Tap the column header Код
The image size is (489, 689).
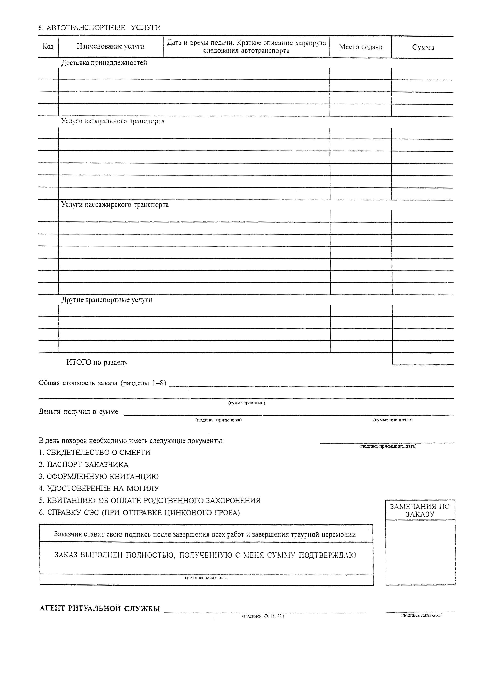[x=48, y=47]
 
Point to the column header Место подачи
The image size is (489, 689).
[x=360, y=47]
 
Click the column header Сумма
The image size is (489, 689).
[x=423, y=47]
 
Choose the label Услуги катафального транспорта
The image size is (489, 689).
[x=113, y=122]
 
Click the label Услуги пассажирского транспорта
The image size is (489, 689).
[x=115, y=205]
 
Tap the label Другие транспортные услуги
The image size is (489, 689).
[x=107, y=300]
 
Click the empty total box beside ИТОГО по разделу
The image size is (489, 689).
[x=423, y=359]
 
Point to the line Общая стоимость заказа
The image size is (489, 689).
[x=102, y=383]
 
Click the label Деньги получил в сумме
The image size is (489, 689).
[x=78, y=412]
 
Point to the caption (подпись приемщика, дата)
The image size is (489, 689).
[x=388, y=446]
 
